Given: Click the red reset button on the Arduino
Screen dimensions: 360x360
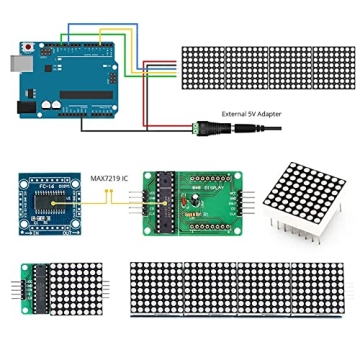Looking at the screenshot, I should [x=39, y=47].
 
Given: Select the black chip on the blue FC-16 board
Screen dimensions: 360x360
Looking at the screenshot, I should [x=44, y=201].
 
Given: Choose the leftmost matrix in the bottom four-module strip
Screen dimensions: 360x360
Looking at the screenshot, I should [x=157, y=290].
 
